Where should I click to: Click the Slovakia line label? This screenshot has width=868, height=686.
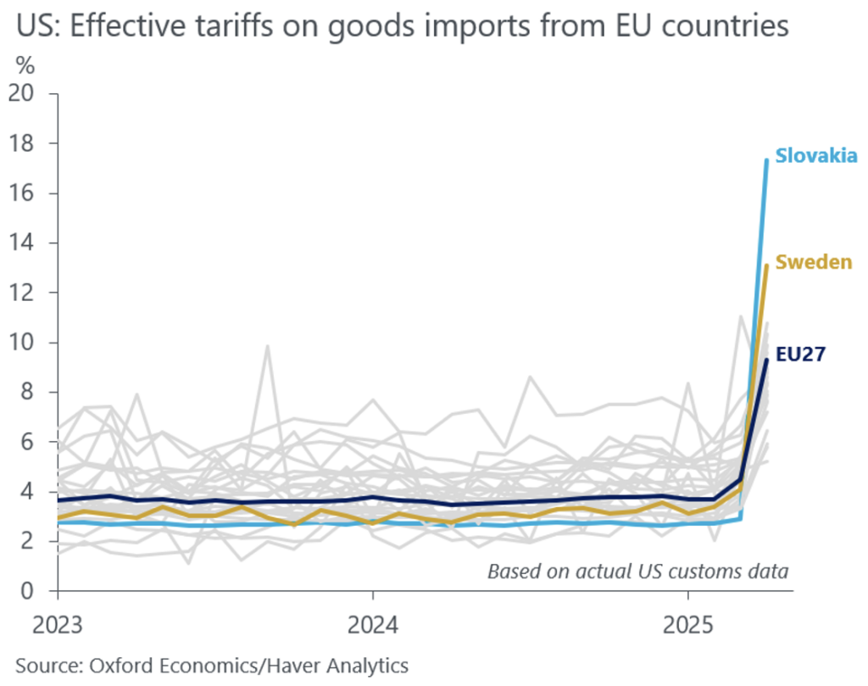[x=817, y=156]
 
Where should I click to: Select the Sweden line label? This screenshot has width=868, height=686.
[x=814, y=262]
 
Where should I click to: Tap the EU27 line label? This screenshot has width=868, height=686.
[x=801, y=353]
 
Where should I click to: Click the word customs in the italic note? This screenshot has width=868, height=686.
[x=685, y=571]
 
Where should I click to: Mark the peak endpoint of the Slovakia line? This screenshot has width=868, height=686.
[x=766, y=159]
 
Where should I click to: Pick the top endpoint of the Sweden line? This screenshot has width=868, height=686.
[x=766, y=265]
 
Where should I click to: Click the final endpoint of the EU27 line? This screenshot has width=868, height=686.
[x=766, y=360]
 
